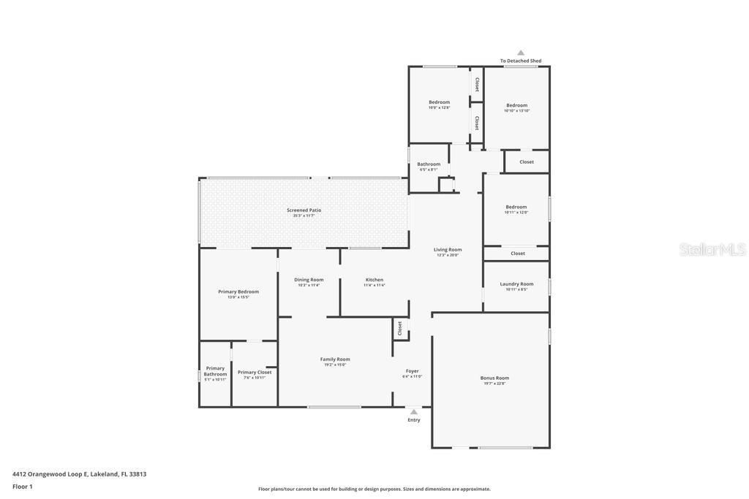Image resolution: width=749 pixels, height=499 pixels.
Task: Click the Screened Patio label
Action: coord(304,210)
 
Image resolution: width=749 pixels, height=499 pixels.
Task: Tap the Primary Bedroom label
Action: coord(238,292)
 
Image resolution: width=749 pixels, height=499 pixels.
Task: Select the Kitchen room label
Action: coord(374,280)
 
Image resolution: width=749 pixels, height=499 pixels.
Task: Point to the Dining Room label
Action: coord(309,280)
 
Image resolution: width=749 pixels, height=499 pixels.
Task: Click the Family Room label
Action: coord(335,359)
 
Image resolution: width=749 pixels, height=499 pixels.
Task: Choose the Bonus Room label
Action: coord(494,378)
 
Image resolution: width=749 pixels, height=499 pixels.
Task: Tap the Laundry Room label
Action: coord(516,284)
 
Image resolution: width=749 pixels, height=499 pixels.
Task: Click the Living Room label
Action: coord(448,250)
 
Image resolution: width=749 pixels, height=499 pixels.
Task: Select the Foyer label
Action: coord(413,371)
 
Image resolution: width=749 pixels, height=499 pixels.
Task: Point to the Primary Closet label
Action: coord(255,373)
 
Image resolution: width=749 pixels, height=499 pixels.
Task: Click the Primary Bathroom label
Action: coord(215,371)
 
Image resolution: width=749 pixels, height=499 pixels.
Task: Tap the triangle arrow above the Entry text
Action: coord(414,412)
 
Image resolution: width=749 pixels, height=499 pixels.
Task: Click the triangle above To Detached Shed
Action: coord(521,53)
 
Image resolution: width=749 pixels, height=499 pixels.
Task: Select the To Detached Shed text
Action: coord(521,61)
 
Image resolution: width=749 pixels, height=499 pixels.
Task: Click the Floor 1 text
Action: coord(23,487)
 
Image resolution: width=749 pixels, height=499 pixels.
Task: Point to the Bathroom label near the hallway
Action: coord(429,164)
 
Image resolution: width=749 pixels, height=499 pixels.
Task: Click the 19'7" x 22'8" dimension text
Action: coord(494,384)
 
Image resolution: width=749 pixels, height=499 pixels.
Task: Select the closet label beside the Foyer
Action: coord(400,329)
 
